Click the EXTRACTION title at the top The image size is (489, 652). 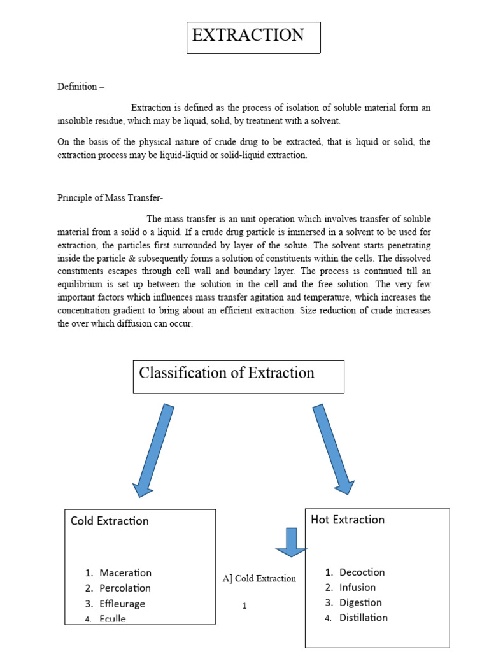(x=248, y=36)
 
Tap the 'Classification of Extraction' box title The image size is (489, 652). (x=227, y=373)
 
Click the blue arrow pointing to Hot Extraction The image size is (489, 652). (x=333, y=449)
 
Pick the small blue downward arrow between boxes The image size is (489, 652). (x=291, y=542)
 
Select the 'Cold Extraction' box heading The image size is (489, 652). (x=110, y=521)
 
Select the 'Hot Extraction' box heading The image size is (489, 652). (x=348, y=520)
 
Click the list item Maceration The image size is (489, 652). (x=125, y=573)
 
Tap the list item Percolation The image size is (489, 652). (x=125, y=588)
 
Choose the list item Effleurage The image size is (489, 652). (x=122, y=604)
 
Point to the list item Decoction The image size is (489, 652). (x=362, y=572)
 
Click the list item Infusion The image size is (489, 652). (x=357, y=588)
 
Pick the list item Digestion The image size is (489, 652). (x=360, y=603)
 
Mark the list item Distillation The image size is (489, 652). (x=363, y=618)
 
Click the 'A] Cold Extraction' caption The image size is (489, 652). (x=259, y=579)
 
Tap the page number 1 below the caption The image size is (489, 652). (x=244, y=606)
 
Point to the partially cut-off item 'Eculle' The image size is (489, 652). (x=113, y=619)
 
